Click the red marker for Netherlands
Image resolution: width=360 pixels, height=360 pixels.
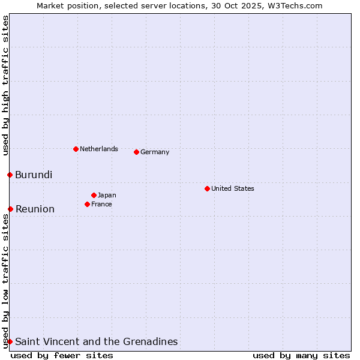(76, 149)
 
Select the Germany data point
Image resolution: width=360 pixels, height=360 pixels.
(136, 152)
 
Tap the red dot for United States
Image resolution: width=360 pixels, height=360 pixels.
(207, 188)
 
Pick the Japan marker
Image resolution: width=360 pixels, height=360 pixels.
(94, 195)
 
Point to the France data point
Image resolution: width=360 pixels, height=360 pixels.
(87, 204)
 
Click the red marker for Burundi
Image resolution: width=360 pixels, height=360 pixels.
(10, 175)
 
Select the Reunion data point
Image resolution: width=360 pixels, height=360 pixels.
(10, 209)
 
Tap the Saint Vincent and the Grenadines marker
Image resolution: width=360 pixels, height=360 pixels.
(10, 341)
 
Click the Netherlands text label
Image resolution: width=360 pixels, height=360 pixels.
(99, 149)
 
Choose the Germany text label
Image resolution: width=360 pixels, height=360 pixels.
(155, 152)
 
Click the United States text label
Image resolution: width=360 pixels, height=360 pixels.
(233, 188)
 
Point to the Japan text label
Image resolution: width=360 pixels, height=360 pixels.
(107, 195)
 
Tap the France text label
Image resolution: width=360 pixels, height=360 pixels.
(101, 204)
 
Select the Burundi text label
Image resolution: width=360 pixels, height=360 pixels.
(34, 175)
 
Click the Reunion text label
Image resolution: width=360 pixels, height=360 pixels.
(35, 209)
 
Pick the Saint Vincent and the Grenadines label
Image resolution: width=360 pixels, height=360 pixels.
(97, 341)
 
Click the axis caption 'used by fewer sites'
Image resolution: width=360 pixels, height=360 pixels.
(62, 355)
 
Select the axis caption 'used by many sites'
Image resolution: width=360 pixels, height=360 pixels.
(301, 355)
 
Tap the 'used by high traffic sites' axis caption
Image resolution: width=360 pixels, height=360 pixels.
(5, 85)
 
